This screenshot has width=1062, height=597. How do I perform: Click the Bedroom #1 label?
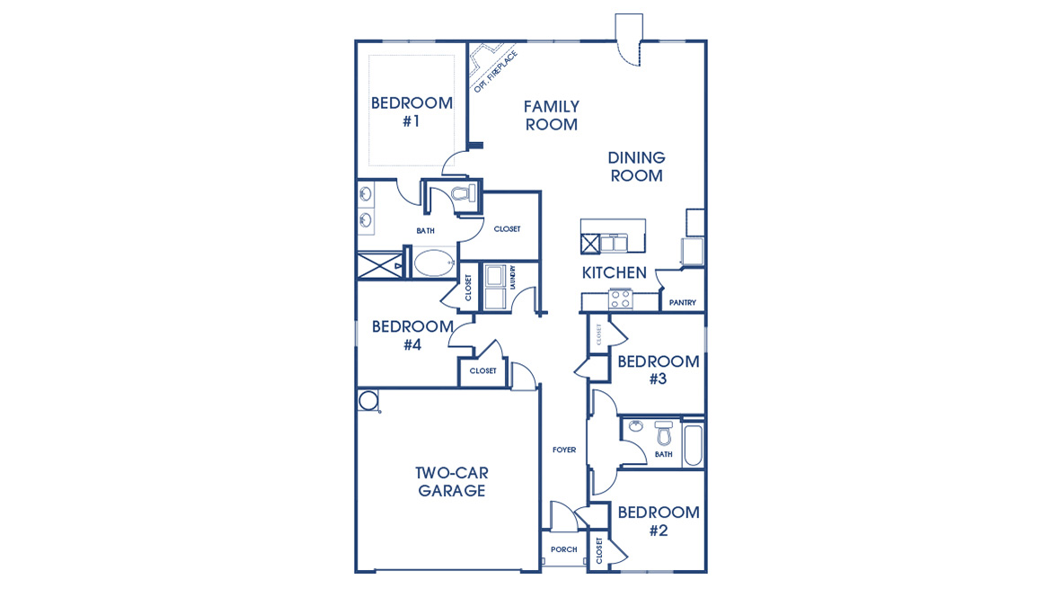[412, 111]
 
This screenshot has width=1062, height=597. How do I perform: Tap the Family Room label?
[551, 116]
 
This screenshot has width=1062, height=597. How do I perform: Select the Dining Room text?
[636, 166]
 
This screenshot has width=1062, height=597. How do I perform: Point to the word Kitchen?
[614, 272]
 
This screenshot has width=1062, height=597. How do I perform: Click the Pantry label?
[682, 303]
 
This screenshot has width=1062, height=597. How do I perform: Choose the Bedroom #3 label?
[658, 370]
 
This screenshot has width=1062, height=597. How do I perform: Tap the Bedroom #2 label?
[658, 521]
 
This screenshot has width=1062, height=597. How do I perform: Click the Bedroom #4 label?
[412, 334]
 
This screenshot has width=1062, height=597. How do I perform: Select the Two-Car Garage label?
[451, 482]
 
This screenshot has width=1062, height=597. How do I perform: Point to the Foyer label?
[564, 450]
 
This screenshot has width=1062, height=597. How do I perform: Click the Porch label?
[563, 549]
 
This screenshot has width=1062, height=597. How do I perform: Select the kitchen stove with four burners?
[619, 298]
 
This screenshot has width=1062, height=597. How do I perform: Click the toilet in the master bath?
[463, 194]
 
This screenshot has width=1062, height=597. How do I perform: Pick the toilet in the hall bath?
[664, 433]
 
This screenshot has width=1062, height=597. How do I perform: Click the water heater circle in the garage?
[367, 400]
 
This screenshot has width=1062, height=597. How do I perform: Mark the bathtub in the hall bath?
[693, 444]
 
